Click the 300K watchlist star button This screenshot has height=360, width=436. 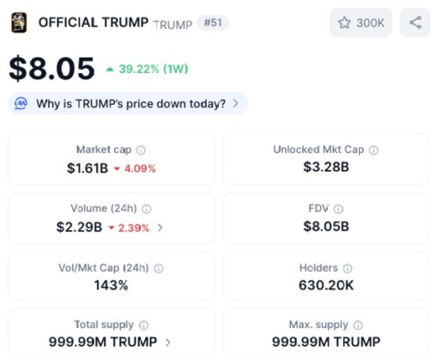click(x=360, y=23)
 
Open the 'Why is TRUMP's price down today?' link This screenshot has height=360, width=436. click(x=130, y=104)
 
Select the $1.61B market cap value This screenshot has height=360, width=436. click(x=88, y=168)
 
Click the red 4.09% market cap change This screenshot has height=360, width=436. click(x=135, y=168)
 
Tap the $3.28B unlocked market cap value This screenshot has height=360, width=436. click(x=325, y=167)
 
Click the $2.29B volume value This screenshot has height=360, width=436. click(x=79, y=228)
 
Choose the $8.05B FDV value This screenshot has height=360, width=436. click(x=325, y=227)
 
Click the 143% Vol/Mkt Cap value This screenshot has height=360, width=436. click(x=111, y=285)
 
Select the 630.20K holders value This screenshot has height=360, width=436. click(x=325, y=285)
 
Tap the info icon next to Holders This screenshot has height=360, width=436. click(x=349, y=268)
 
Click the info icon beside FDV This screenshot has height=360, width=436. click(x=338, y=209)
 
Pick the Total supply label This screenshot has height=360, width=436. click(x=104, y=325)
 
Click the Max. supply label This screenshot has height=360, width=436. click(x=319, y=325)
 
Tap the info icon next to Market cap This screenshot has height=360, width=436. click(x=141, y=149)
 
